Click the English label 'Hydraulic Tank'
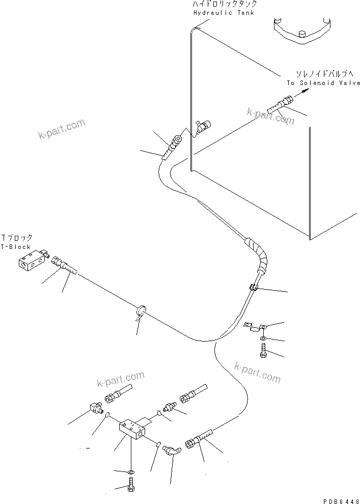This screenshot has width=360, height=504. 224,12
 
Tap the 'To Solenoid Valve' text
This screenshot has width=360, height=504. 322,83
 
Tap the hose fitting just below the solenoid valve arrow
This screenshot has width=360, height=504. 281,104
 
